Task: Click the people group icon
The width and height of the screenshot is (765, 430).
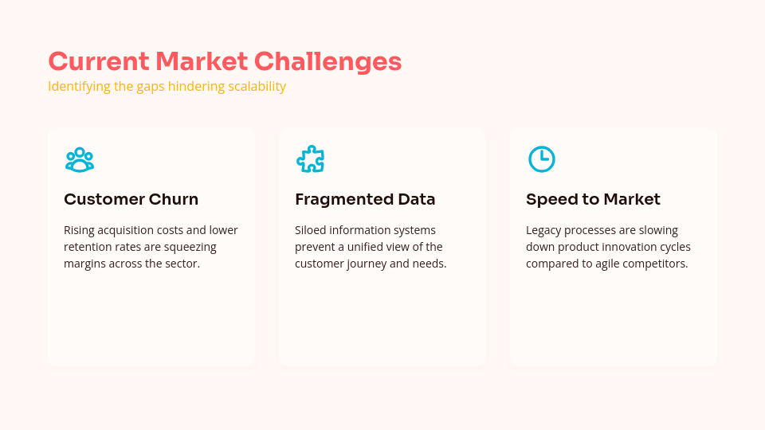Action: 80,159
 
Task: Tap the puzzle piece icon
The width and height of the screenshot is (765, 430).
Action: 311,159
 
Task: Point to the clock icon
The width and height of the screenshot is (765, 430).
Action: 542,159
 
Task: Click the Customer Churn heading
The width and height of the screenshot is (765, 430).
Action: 131,199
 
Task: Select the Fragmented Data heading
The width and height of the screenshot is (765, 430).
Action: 365,199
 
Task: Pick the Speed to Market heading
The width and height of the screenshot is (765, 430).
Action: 593,199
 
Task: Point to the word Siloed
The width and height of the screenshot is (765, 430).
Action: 311,230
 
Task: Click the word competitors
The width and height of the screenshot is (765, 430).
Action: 653,264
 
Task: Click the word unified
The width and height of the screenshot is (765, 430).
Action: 375,247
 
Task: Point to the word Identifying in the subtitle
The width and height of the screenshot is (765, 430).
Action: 79,86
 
